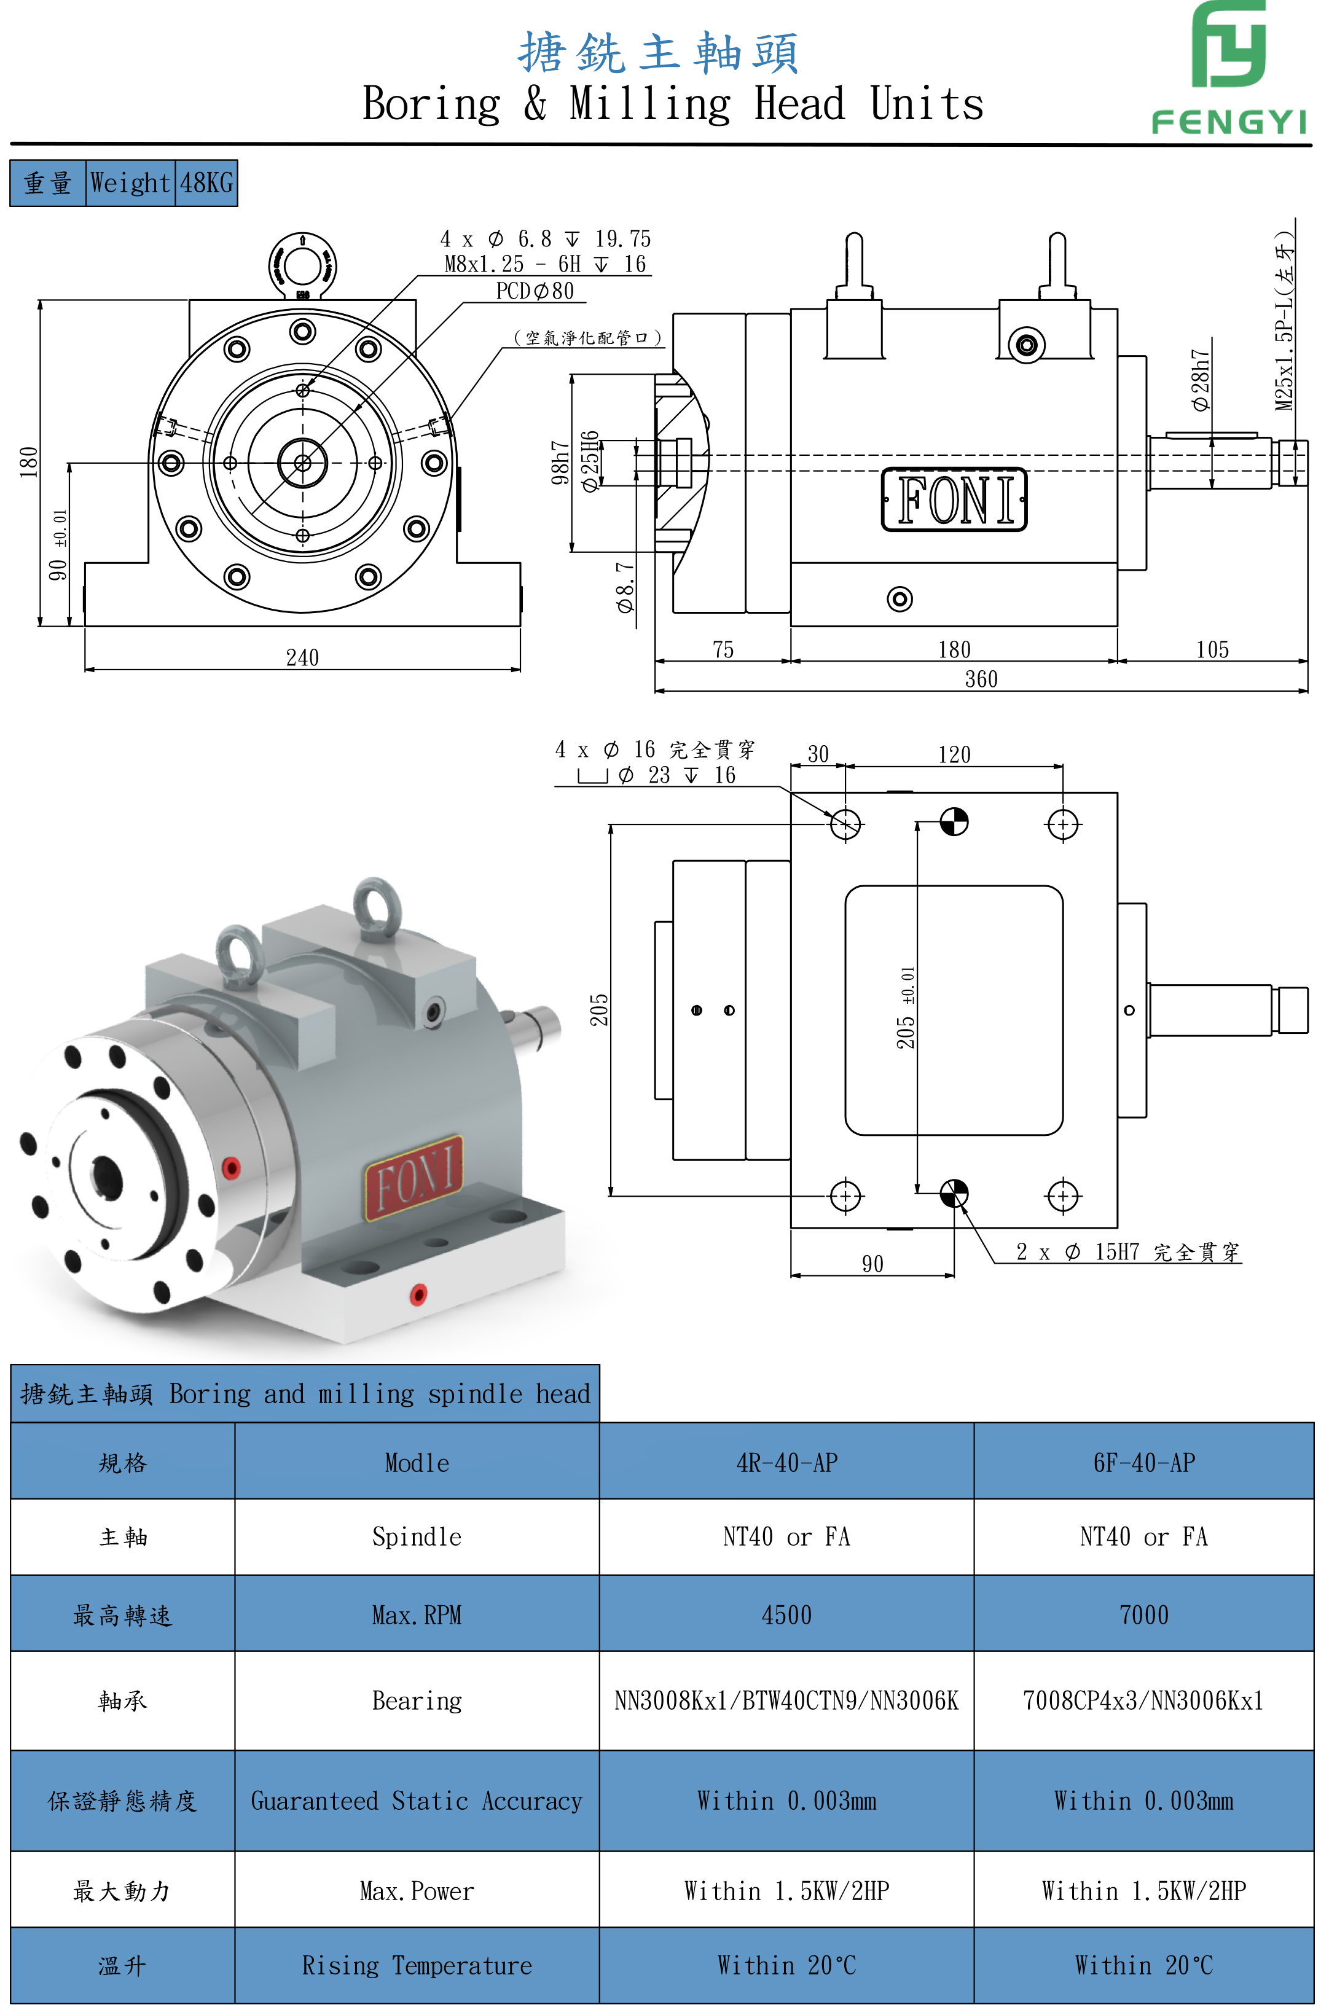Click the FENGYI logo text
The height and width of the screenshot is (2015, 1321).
(1228, 123)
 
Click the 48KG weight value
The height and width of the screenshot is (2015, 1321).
(206, 183)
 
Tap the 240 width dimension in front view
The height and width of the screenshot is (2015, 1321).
(302, 658)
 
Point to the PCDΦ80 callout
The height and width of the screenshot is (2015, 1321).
(535, 291)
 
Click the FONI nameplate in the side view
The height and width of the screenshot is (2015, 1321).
(954, 499)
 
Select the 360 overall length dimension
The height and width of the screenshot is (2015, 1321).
(981, 679)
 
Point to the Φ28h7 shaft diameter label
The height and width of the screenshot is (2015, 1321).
(1200, 380)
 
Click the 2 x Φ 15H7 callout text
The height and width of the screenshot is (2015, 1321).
(1126, 1252)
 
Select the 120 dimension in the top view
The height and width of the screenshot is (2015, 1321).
(954, 754)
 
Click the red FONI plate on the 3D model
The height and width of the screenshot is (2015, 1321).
(414, 1178)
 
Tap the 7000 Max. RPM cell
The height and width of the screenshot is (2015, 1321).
(1143, 1614)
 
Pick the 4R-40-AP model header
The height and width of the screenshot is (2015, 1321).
(786, 1462)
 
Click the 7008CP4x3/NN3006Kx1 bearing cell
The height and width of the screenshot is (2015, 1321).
(1143, 1700)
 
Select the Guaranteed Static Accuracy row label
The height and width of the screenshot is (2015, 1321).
(416, 1801)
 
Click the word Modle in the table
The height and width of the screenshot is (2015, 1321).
(417, 1462)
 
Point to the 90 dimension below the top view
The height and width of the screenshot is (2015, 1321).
(872, 1264)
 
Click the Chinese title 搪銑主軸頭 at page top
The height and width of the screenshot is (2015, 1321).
(658, 52)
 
